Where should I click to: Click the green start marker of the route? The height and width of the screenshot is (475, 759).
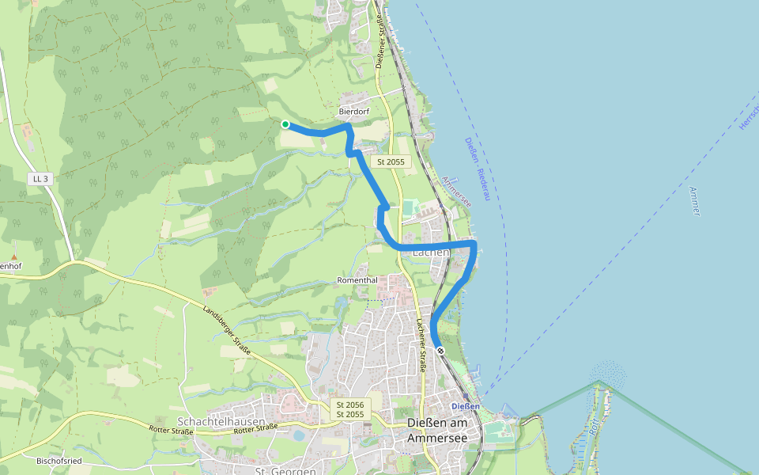point(285,123)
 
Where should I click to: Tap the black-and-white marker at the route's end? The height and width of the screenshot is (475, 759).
point(440,350)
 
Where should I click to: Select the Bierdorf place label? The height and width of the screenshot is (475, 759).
point(353,112)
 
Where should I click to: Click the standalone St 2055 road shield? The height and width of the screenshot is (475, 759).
point(391,161)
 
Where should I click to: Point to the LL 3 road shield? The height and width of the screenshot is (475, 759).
point(40,179)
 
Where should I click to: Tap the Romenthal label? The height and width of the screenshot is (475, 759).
point(357,280)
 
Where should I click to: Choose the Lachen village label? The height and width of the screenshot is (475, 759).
point(431,253)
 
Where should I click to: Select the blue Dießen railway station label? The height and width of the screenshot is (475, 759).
point(465,406)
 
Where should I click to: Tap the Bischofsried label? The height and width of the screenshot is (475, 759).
point(59,460)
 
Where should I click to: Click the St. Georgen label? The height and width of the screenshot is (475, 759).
point(285,471)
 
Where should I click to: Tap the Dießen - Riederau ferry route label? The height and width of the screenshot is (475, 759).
point(477,169)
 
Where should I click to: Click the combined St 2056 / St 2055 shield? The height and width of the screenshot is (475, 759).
point(349,409)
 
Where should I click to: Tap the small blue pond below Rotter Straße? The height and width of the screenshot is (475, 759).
point(297,435)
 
